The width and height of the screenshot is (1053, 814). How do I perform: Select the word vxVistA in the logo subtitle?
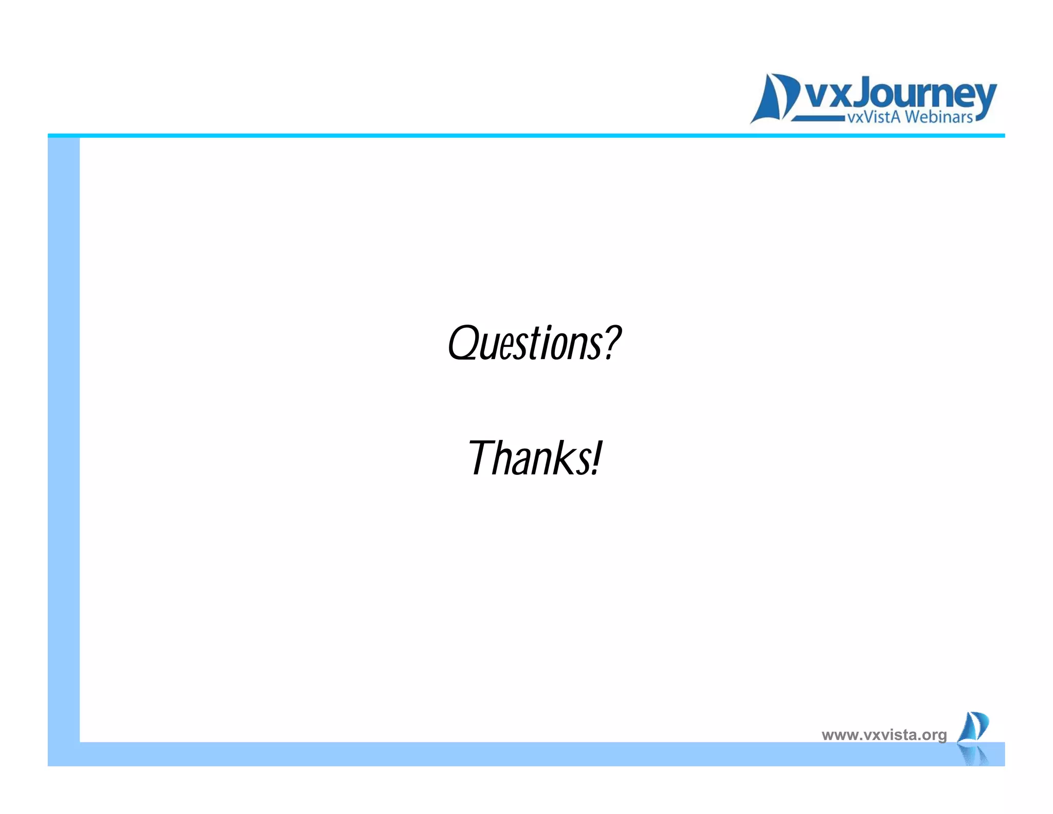(x=874, y=117)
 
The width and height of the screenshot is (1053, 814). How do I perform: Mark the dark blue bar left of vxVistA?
(x=818, y=118)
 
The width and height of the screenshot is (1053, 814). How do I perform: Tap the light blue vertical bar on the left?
(x=64, y=437)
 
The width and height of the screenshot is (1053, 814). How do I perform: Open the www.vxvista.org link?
(x=884, y=735)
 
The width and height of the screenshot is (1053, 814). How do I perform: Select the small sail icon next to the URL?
(x=973, y=727)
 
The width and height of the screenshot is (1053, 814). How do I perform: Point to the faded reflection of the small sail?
(x=974, y=755)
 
